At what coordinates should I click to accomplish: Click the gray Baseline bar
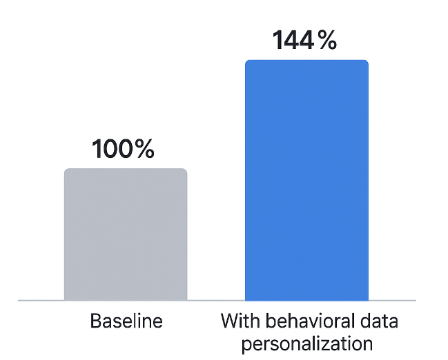point(126,234)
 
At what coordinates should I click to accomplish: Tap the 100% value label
point(124,149)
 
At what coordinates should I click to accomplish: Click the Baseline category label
point(126,321)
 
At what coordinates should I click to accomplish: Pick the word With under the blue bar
point(237,321)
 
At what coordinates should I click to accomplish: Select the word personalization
point(306,343)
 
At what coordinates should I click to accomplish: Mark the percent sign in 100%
point(144,149)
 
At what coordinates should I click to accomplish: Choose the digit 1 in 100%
point(97,149)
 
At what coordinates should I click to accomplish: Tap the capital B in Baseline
point(95,321)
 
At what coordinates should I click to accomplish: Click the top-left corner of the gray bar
point(66,170)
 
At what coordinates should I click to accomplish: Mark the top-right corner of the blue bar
point(367,61)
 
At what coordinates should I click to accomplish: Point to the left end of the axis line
point(19,301)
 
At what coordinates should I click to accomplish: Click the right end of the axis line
point(415,301)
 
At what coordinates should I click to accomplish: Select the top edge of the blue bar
point(306,61)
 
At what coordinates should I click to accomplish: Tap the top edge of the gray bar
point(126,169)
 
